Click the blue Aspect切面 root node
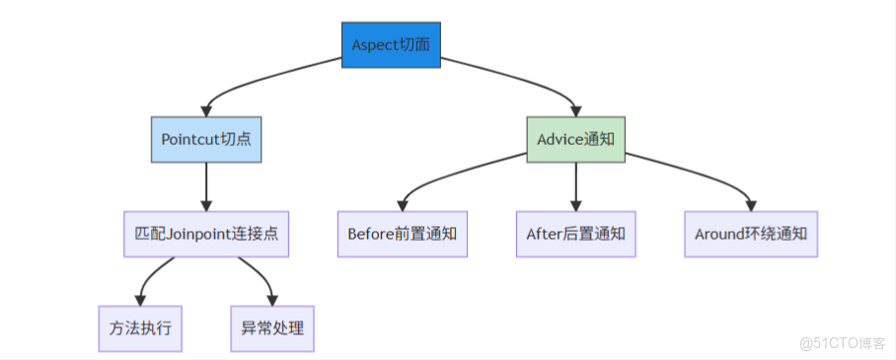392,44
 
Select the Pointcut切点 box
206,139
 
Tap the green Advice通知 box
575,139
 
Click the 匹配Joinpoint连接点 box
206,234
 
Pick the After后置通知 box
576,234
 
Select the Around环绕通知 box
751,234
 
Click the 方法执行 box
140,327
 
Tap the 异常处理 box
272,327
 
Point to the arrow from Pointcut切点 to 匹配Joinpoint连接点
206,185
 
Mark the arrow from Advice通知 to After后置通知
576,185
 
